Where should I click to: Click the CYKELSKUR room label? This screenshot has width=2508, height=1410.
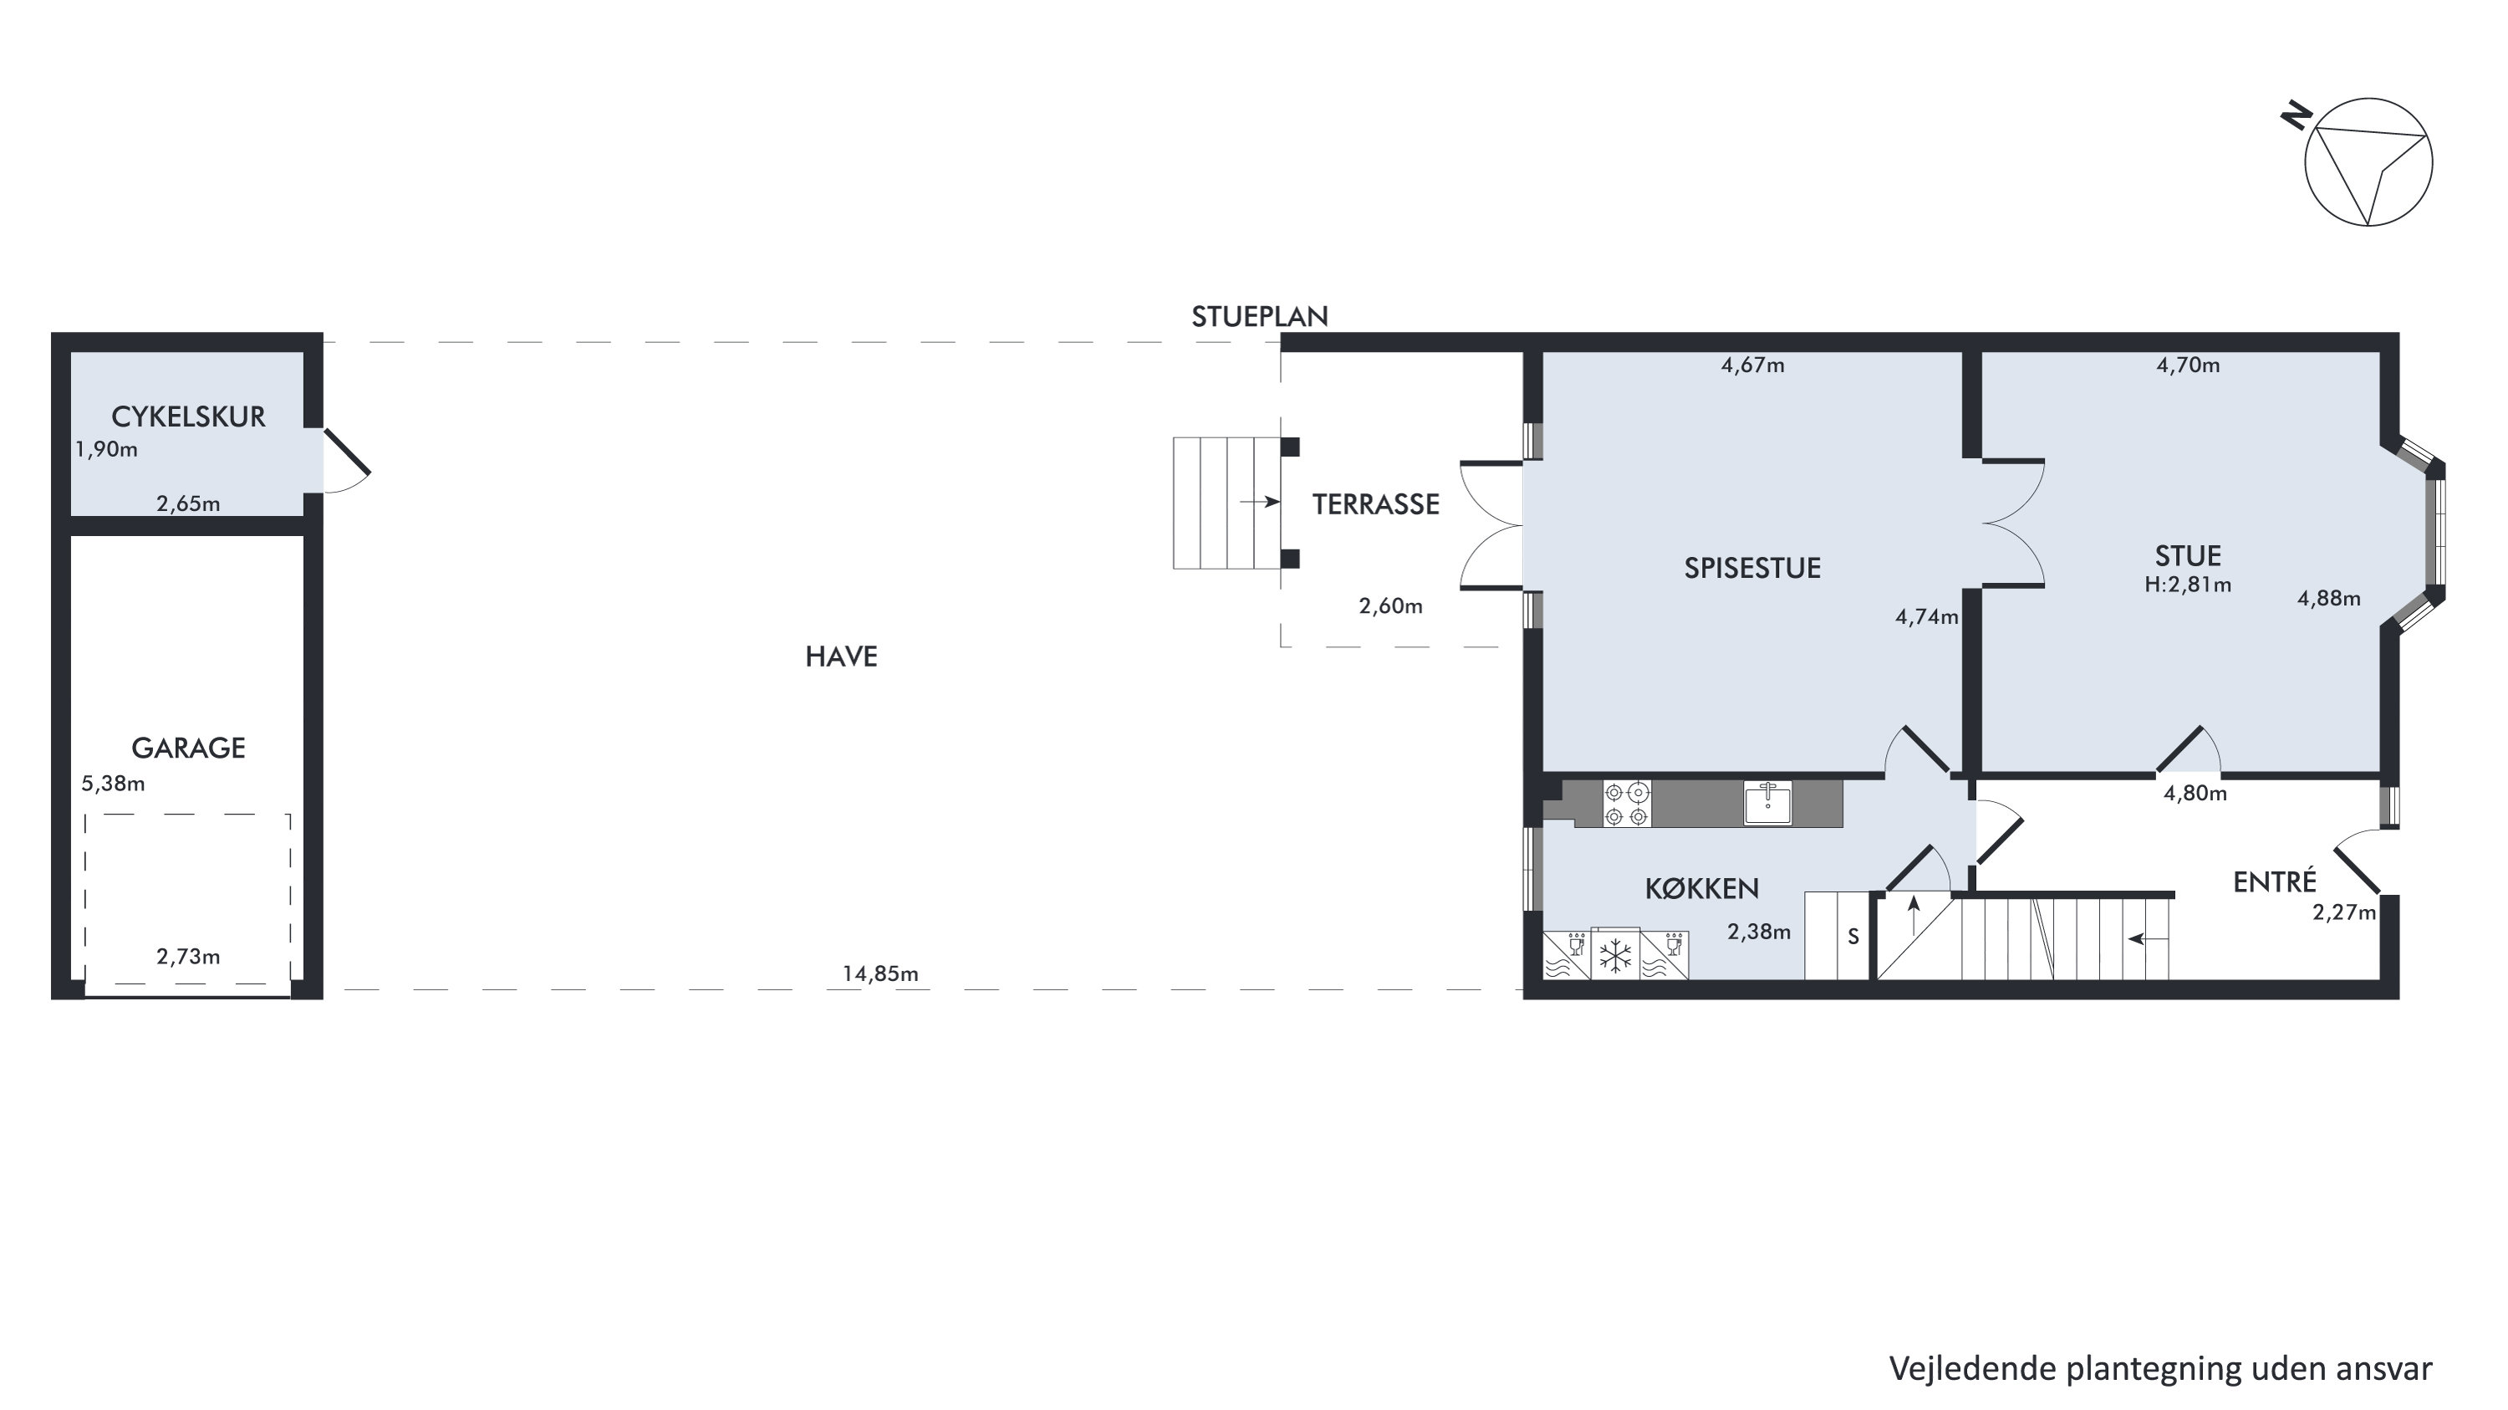[x=188, y=416]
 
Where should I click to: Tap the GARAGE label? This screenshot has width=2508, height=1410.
[x=188, y=748]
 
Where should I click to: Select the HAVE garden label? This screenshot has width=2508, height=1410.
[x=841, y=656]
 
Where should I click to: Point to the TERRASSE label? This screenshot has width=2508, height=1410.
[x=1376, y=504]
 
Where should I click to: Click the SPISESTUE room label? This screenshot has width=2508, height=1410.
[x=1752, y=569]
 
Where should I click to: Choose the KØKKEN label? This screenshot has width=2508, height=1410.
[x=1702, y=888]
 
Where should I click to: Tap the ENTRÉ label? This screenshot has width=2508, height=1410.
[x=2274, y=881]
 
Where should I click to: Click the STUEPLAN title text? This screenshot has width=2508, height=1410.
[x=1260, y=316]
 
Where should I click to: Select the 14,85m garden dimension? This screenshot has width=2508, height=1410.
[x=880, y=973]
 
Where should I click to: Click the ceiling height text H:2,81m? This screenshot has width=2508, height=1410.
[x=2188, y=585]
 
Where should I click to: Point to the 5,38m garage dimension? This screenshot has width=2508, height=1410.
[x=113, y=784]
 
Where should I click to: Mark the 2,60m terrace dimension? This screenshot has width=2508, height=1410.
[x=1390, y=606]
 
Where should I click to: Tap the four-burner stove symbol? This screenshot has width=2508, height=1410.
[x=1627, y=804]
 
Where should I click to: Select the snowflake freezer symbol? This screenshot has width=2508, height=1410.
[x=1615, y=955]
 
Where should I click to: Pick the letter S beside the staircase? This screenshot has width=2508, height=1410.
[x=1853, y=937]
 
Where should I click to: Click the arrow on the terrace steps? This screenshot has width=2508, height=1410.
[x=1260, y=503]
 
